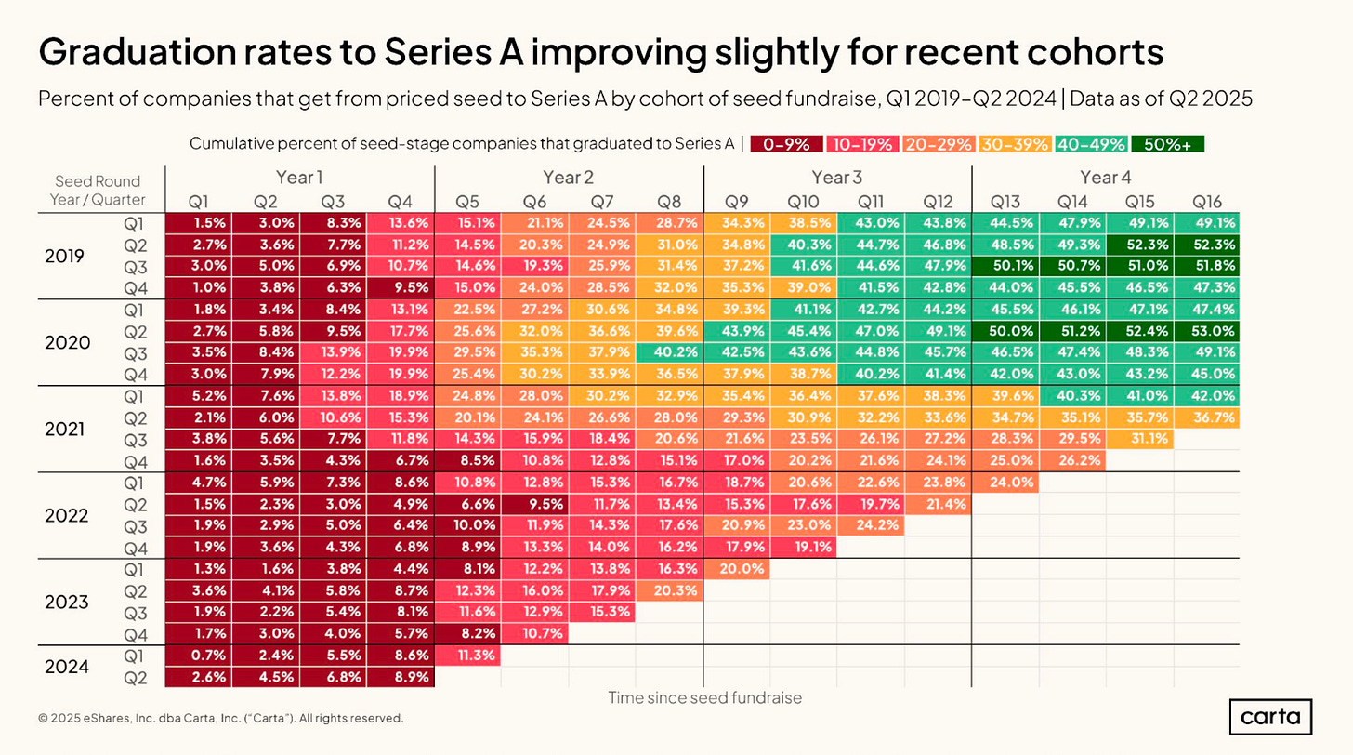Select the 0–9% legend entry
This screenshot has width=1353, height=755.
point(787,144)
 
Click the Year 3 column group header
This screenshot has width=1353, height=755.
point(837,178)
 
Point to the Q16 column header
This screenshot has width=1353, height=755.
point(1206,201)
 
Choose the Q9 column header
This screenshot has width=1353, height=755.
point(736,201)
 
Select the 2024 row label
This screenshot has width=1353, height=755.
point(67,667)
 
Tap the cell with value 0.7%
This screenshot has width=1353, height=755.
point(198,656)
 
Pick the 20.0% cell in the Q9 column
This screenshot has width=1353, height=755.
point(736,569)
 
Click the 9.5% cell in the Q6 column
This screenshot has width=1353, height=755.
point(534,504)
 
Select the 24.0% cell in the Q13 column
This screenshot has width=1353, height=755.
point(1005,483)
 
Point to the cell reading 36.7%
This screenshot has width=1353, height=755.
point(1206,417)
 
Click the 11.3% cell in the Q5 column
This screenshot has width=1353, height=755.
point(467,656)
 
